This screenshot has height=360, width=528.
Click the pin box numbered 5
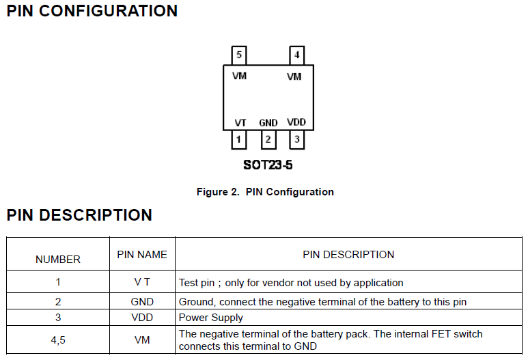pos(238,55)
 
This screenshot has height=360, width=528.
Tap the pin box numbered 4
pos(296,55)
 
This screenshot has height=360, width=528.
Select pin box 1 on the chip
pos(238,140)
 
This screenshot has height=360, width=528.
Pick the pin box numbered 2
pos(268,140)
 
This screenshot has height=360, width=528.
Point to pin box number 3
pos(296,140)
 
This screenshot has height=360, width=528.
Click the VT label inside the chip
pos(240,122)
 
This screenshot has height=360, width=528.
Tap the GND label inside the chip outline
pos(268,123)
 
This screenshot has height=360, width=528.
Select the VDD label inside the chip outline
pos(296,122)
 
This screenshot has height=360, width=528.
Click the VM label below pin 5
pos(239,76)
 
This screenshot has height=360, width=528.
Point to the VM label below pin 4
pos(294,77)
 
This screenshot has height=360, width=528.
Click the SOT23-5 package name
pos(267,165)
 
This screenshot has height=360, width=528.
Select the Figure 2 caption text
pos(265,192)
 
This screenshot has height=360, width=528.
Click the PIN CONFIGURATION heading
pos(92,11)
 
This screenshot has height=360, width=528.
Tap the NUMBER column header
pos(58,260)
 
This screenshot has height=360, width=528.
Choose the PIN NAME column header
pos(142,254)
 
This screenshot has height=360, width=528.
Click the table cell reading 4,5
pos(58,340)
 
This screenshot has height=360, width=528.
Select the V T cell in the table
pos(142,282)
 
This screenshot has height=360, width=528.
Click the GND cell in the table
pos(142,301)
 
